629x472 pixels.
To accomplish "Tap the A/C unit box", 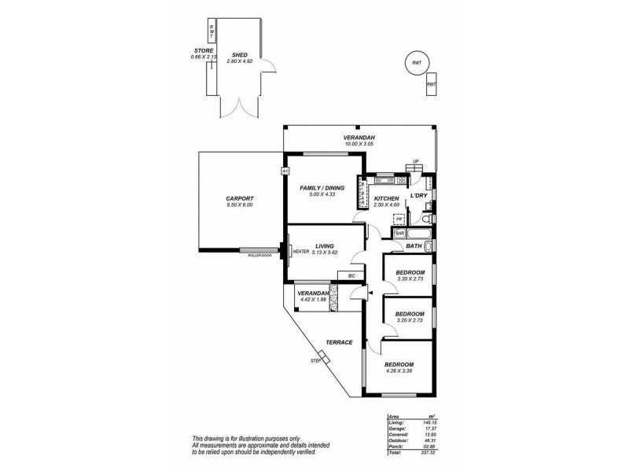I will pos(285,171).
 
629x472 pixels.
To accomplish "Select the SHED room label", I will pos(240,55).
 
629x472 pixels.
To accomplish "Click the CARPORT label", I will pos(238,199).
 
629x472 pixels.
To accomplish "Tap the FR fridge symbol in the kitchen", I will pos(399,219).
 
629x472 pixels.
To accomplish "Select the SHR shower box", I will pos(399,234).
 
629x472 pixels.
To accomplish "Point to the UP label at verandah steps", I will pos(417,163).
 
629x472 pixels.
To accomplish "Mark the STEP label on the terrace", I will pos(315,360).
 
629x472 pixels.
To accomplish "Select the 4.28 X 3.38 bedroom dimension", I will pos(399,372).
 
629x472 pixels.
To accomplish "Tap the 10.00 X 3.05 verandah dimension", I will pos(358,144).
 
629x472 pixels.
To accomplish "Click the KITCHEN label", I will pos(387,198).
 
